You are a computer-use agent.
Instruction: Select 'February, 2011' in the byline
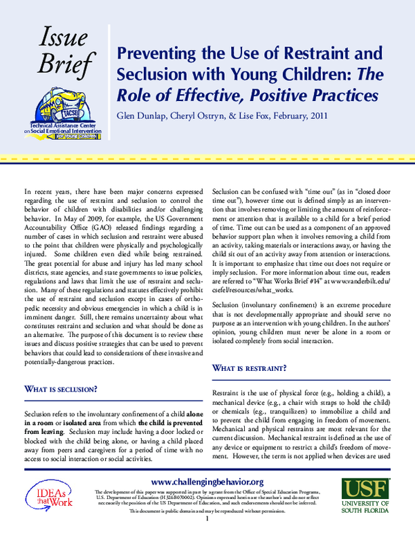click(293, 116)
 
